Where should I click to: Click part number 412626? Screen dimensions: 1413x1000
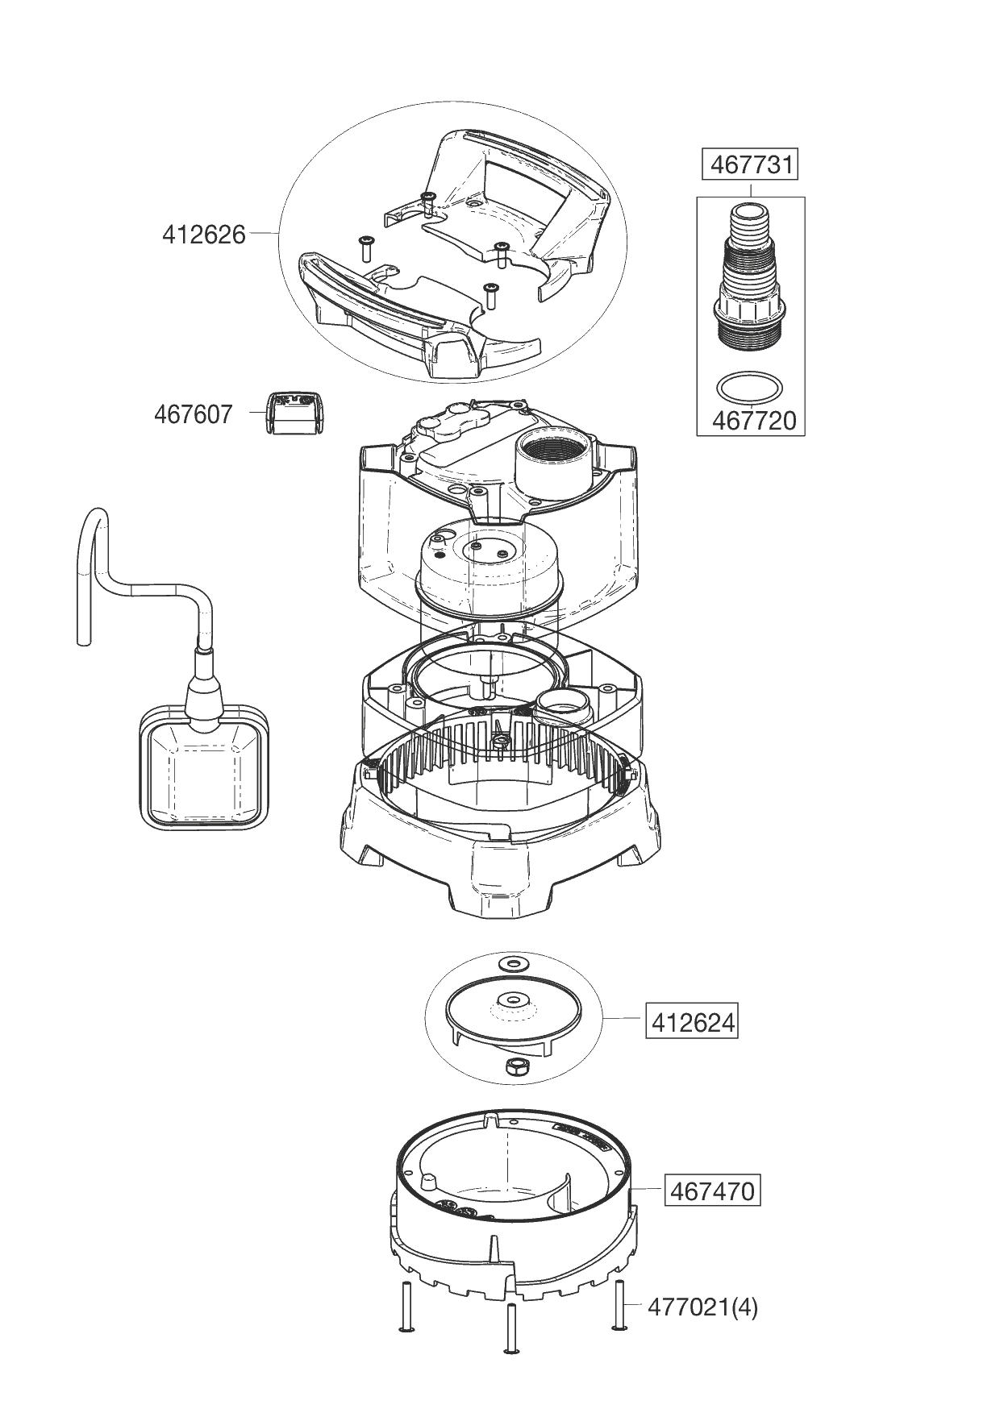pyautogui.click(x=203, y=235)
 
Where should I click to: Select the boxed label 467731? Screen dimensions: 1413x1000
pyautogui.click(x=750, y=165)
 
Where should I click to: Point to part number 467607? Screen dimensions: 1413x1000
pyautogui.click(x=193, y=414)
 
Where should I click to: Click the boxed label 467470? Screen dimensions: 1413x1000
pyautogui.click(x=711, y=1190)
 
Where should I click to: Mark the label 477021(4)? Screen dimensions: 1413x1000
pyautogui.click(x=702, y=1307)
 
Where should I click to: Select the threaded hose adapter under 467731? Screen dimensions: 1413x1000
pyautogui.click(x=749, y=282)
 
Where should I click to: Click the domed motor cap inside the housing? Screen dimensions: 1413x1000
pyautogui.click(x=488, y=569)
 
